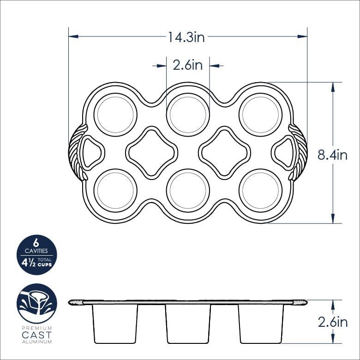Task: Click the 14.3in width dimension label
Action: pyautogui.click(x=186, y=37)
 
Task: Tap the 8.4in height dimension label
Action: pyautogui.click(x=332, y=155)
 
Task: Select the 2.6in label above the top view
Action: pyautogui.click(x=188, y=66)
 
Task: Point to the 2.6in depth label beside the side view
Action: pyautogui.click(x=332, y=322)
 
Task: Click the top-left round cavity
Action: pyautogui.click(x=115, y=114)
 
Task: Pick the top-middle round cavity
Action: pyautogui.click(x=188, y=114)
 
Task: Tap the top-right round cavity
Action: pyautogui.click(x=260, y=114)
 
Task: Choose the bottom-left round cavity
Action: pyautogui.click(x=115, y=191)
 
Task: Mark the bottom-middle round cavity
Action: pyautogui.click(x=188, y=191)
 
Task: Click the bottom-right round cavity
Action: pyautogui.click(x=260, y=191)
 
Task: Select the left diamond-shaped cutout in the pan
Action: pyautogui.click(x=151, y=153)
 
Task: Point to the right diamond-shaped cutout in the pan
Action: pyautogui.click(x=225, y=153)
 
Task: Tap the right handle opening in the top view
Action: pyautogui.click(x=283, y=152)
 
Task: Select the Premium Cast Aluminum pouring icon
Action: pyautogui.click(x=37, y=304)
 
